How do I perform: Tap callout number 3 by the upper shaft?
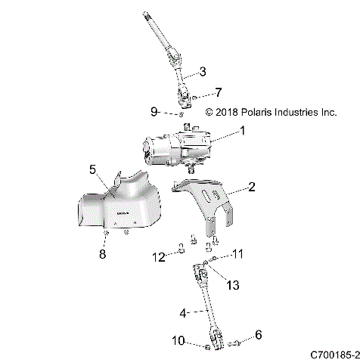tap(202, 72)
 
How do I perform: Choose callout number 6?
tap(259, 334)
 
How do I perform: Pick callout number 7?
tap(219, 93)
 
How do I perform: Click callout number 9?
tap(154, 112)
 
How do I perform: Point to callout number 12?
tap(158, 257)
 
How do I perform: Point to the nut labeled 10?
tap(206, 347)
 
